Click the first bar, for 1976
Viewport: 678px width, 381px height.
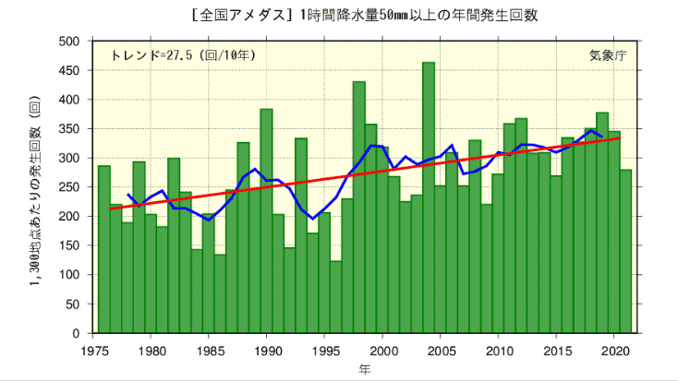click(x=104, y=249)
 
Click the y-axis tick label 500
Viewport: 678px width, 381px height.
click(x=68, y=42)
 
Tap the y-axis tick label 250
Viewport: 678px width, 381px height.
click(x=68, y=187)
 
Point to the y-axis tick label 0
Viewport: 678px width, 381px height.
click(x=77, y=333)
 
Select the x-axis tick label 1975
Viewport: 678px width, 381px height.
click(x=93, y=351)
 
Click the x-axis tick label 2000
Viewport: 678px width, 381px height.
click(x=382, y=351)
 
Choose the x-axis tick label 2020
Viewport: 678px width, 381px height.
click(x=614, y=351)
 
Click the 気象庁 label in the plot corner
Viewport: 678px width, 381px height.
click(x=607, y=55)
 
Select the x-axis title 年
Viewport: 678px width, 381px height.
click(x=365, y=369)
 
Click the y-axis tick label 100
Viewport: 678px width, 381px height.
click(x=68, y=275)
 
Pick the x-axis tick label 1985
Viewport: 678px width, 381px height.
click(x=209, y=351)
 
